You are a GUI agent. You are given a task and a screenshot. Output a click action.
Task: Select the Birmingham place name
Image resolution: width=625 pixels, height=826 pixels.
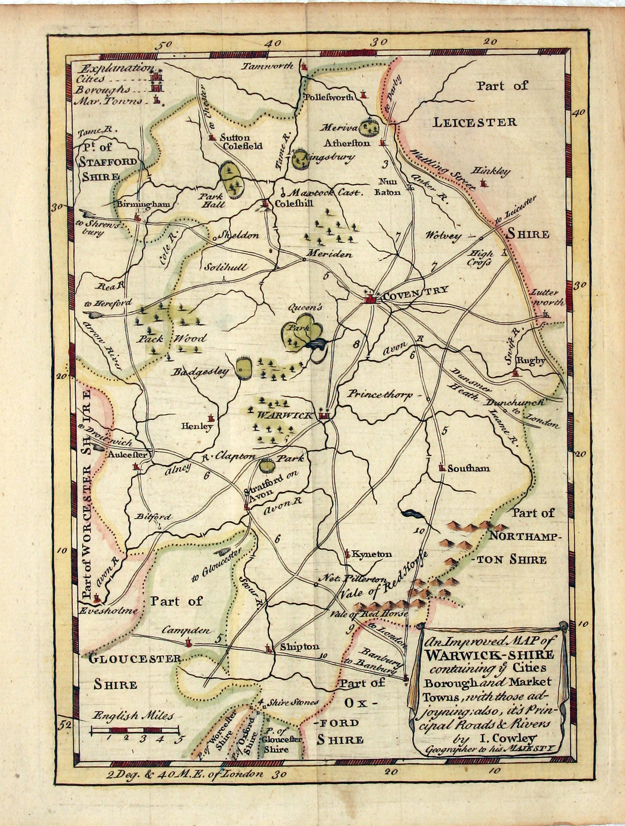(143, 204)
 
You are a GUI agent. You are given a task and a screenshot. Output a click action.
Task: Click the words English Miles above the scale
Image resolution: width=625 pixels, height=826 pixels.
(133, 716)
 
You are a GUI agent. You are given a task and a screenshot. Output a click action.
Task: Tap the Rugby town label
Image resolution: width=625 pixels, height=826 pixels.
(530, 361)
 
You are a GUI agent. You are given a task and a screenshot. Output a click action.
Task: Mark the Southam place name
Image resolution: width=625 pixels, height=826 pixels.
(468, 468)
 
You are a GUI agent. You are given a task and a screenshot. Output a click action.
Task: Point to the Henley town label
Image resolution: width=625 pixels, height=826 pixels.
(197, 426)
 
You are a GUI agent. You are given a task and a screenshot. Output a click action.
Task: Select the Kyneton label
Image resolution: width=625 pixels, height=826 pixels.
(372, 554)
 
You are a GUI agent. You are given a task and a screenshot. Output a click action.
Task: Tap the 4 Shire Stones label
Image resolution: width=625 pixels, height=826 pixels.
(288, 702)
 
